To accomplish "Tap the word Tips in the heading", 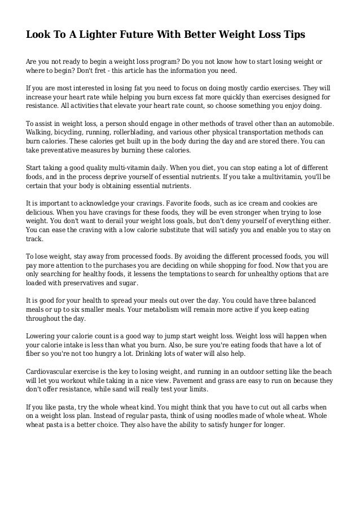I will point(292,34).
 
